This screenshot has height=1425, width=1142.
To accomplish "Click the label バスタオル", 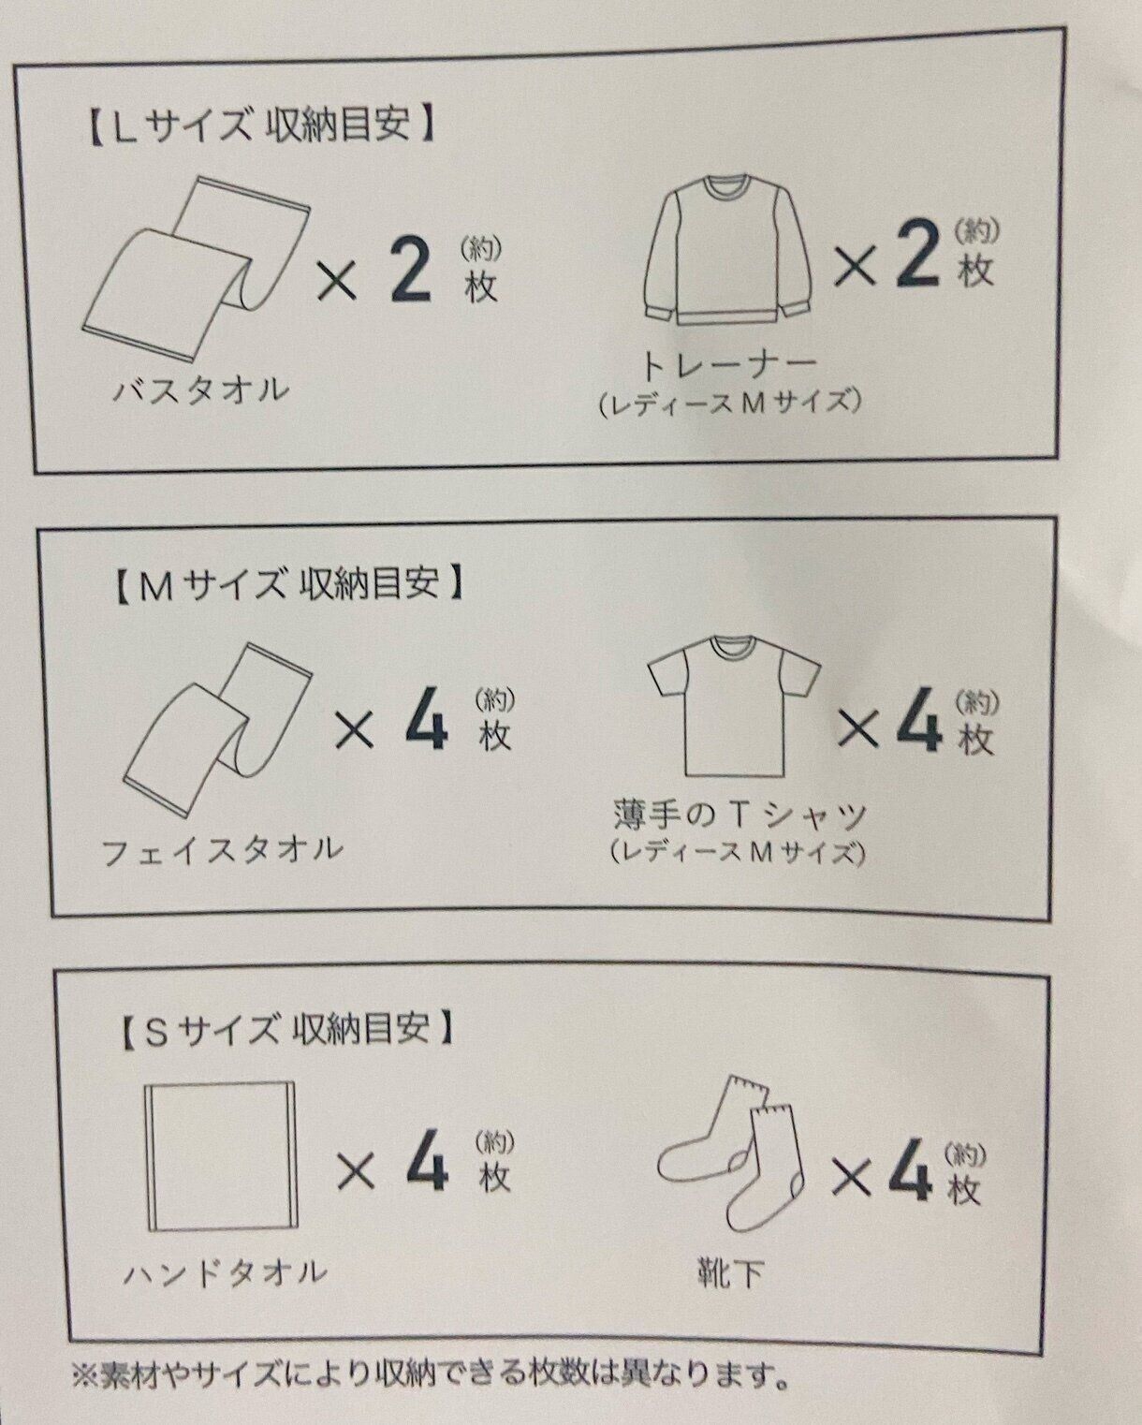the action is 201,390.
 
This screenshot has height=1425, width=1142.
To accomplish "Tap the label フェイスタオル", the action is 222,850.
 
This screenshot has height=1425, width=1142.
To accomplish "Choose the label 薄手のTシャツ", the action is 739,815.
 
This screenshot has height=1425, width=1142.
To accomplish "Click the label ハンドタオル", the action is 225,1273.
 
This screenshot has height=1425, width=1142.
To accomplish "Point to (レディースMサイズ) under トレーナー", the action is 730,403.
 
